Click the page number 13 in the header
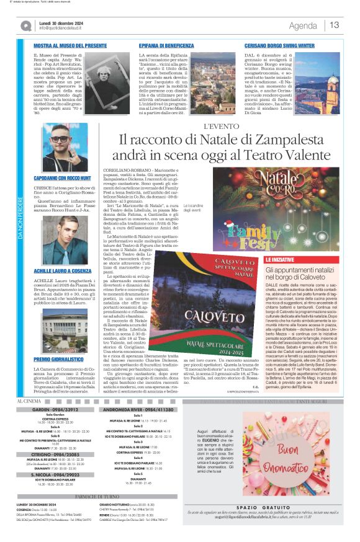pos(335,25)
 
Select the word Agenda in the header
pos(303,25)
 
